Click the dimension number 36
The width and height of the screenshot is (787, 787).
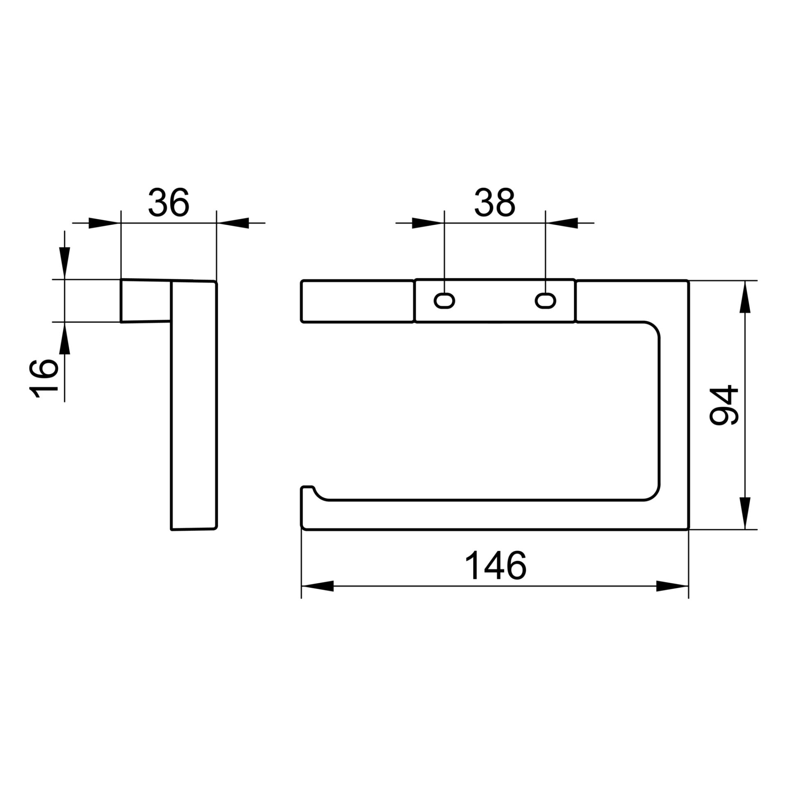click(168, 202)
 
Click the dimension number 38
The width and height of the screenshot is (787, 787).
click(494, 202)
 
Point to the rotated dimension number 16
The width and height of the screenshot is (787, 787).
click(43, 378)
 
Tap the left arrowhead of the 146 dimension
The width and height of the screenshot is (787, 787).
click(317, 586)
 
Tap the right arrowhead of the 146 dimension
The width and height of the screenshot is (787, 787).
click(672, 586)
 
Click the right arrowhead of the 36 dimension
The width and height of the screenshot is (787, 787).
click(233, 223)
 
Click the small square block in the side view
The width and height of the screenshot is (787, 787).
click(145, 301)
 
